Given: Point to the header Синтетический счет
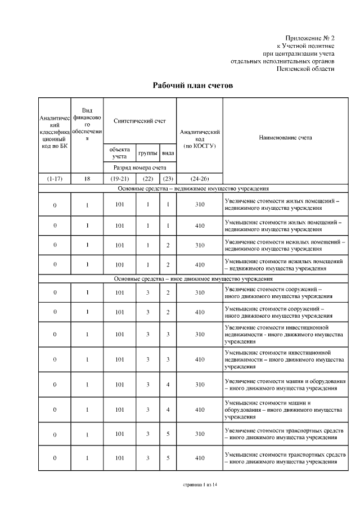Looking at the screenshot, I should (x=139, y=121).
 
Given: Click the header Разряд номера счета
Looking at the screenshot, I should (x=139, y=168).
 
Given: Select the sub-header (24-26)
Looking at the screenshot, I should (x=199, y=179).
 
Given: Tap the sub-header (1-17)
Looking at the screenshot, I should (x=55, y=179).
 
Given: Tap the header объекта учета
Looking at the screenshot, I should (x=120, y=153).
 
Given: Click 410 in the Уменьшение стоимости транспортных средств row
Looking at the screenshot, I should (x=199, y=458).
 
